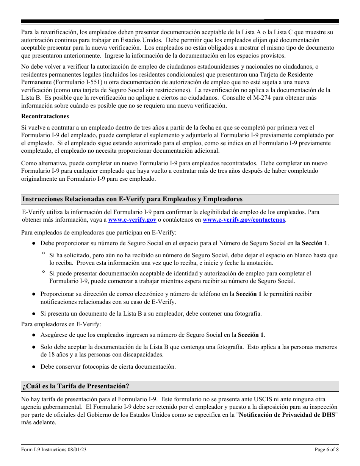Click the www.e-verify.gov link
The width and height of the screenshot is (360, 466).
click(132, 220)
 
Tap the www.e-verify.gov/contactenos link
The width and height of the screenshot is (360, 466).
click(244, 220)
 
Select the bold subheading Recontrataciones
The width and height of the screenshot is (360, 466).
click(45, 116)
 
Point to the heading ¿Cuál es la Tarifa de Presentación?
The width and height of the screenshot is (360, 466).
click(76, 386)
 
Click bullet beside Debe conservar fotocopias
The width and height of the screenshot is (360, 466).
click(34, 367)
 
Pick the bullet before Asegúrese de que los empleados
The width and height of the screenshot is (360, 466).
click(34, 335)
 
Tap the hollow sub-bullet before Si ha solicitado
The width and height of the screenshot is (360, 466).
click(44, 254)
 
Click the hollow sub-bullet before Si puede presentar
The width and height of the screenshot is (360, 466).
click(44, 272)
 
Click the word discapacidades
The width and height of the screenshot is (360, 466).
click(140, 355)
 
